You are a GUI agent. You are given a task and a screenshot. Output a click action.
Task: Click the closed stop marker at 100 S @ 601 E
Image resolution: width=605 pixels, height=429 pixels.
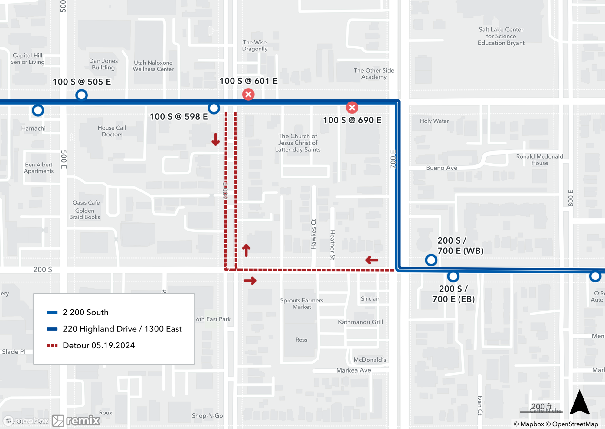[x=248, y=95]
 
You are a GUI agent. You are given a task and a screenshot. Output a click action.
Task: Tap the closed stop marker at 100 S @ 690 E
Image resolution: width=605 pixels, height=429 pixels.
[x=352, y=107]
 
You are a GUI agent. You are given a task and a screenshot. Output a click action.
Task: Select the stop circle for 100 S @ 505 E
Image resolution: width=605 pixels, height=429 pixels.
[x=81, y=95]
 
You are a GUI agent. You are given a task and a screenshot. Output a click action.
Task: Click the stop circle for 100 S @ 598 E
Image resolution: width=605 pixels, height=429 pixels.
[x=214, y=108]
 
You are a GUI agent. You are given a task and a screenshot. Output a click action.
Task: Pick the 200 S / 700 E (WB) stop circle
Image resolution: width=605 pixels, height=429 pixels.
[x=431, y=260]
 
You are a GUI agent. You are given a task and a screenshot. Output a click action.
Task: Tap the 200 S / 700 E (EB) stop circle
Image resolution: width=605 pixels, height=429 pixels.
[x=453, y=276]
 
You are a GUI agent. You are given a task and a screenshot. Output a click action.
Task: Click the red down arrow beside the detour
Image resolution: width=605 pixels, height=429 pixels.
[x=216, y=139]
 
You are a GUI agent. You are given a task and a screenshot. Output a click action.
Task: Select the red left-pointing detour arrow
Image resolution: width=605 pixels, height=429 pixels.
[x=372, y=260]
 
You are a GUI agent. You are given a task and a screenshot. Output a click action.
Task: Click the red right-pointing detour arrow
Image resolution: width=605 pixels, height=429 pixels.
[x=250, y=281]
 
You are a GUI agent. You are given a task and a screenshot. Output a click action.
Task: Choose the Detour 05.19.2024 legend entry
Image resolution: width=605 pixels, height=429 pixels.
[x=99, y=345]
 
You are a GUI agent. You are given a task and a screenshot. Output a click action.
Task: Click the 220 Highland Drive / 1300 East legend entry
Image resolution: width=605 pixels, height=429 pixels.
[x=122, y=329]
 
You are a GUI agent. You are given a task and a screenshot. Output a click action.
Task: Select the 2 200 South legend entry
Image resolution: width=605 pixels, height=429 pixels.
[x=85, y=312]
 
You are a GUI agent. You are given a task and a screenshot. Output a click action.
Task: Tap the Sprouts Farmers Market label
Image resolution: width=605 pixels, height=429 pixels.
[x=302, y=303]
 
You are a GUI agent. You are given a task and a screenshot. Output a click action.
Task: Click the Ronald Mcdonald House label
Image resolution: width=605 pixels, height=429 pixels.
[x=539, y=160]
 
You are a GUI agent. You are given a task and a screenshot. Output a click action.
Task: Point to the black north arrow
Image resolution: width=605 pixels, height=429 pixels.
[x=580, y=403]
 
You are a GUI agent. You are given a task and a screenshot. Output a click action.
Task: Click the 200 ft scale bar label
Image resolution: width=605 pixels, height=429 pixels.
[x=541, y=406]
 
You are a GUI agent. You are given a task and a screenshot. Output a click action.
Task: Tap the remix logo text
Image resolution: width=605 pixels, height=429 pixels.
[x=83, y=420]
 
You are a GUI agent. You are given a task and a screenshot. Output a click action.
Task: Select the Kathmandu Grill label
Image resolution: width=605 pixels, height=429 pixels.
[x=360, y=322]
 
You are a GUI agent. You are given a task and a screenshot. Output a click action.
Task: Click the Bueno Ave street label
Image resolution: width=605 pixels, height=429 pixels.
[x=441, y=168]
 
